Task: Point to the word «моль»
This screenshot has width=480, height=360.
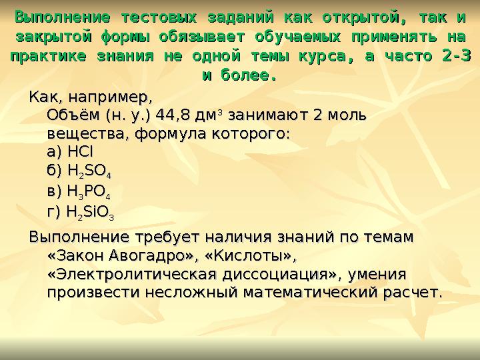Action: (343, 115)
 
